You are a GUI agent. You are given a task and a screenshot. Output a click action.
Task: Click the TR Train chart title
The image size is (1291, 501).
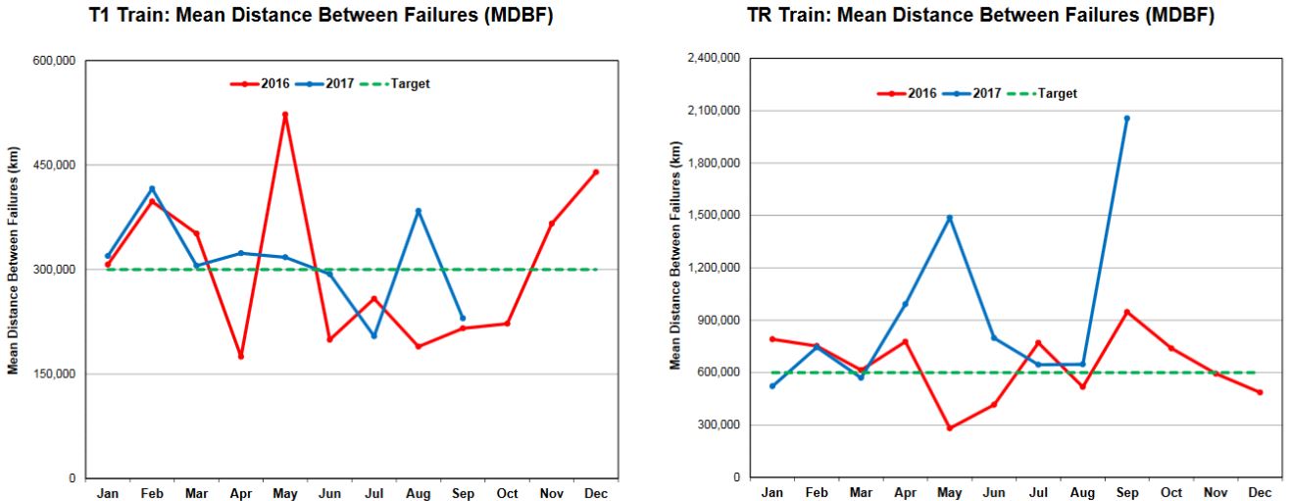click(980, 17)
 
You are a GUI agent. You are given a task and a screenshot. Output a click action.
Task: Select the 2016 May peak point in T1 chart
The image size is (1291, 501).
click(285, 115)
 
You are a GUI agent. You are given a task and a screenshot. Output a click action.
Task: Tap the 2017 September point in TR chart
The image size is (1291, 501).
click(1126, 119)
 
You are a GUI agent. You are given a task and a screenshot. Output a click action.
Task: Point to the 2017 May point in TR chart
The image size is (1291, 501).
click(949, 218)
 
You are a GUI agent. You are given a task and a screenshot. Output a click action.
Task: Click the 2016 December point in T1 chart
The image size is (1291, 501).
click(595, 173)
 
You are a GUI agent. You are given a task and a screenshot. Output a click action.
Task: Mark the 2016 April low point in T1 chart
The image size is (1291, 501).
click(240, 356)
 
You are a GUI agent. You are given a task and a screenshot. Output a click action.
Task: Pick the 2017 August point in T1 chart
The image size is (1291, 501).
click(418, 211)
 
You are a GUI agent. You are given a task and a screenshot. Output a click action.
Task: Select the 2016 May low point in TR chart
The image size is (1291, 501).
click(949, 428)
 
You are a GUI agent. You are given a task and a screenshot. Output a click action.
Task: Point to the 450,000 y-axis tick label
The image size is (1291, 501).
click(56, 166)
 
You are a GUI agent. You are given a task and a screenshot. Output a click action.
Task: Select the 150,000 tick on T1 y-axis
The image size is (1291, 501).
click(56, 375)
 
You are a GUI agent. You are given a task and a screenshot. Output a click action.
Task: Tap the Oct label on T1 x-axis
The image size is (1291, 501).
click(507, 493)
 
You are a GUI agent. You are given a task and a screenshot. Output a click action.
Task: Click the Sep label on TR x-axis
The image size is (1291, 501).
click(1126, 492)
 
